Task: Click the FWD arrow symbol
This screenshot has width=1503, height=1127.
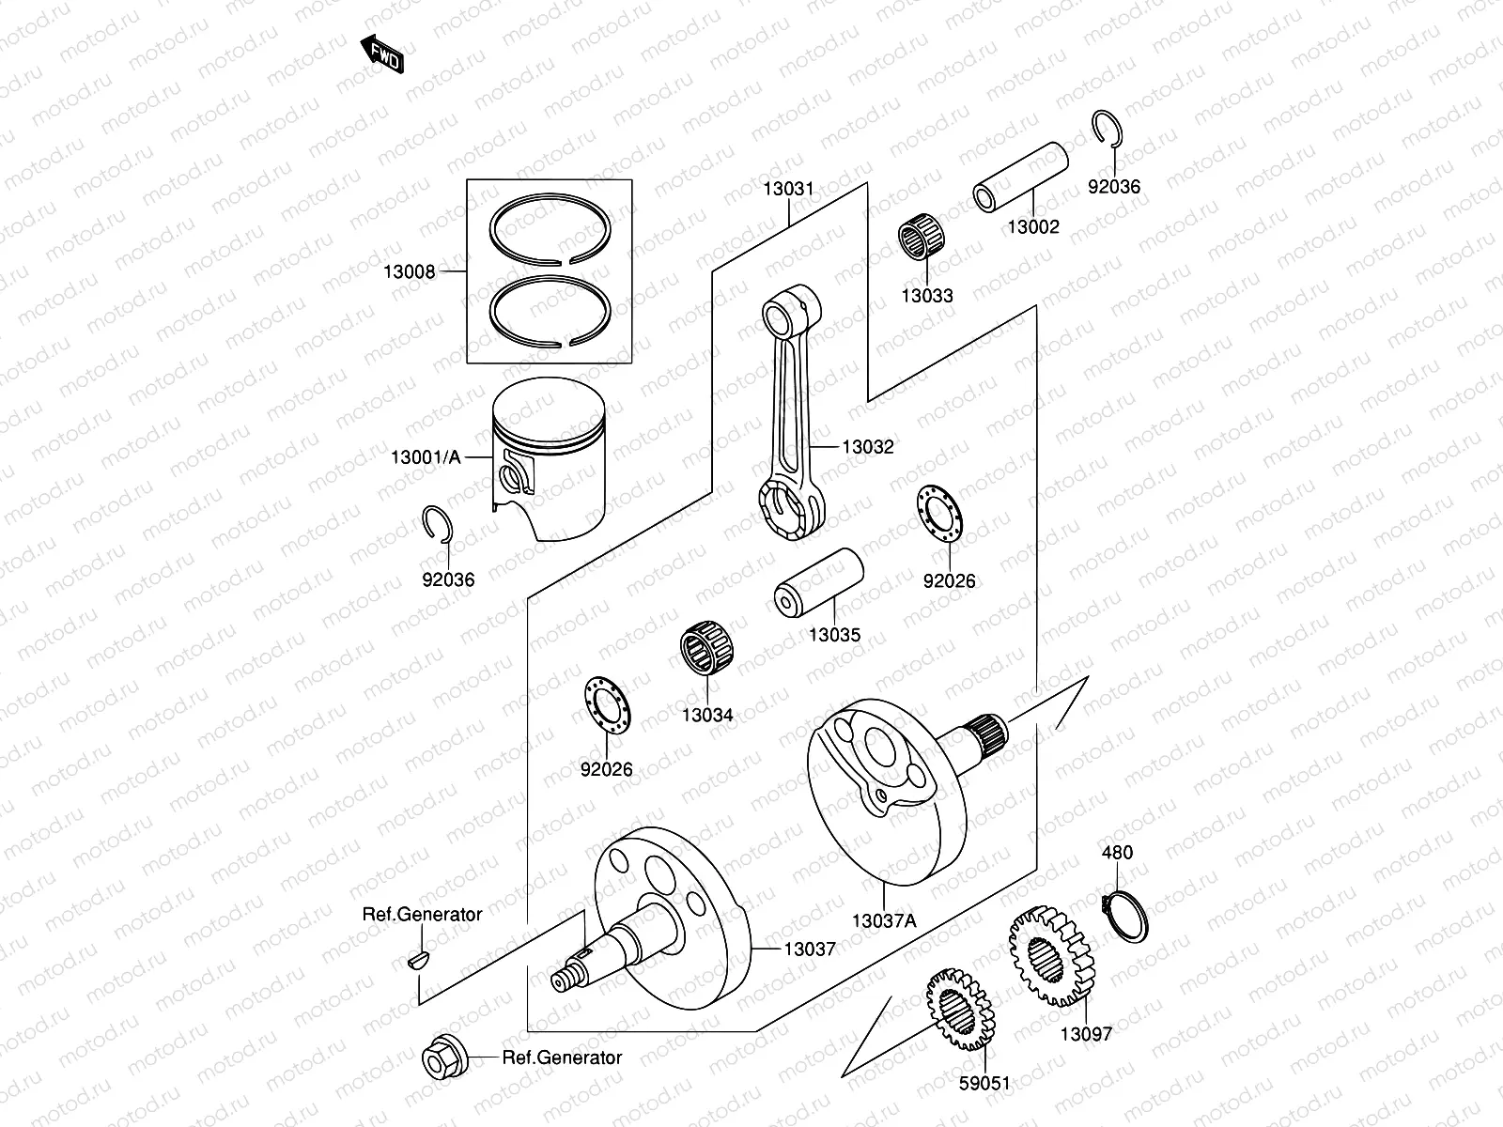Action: pyautogui.click(x=382, y=55)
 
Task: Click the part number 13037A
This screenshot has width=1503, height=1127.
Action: pyautogui.click(x=883, y=921)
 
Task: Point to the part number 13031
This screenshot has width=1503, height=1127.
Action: pyautogui.click(x=788, y=189)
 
